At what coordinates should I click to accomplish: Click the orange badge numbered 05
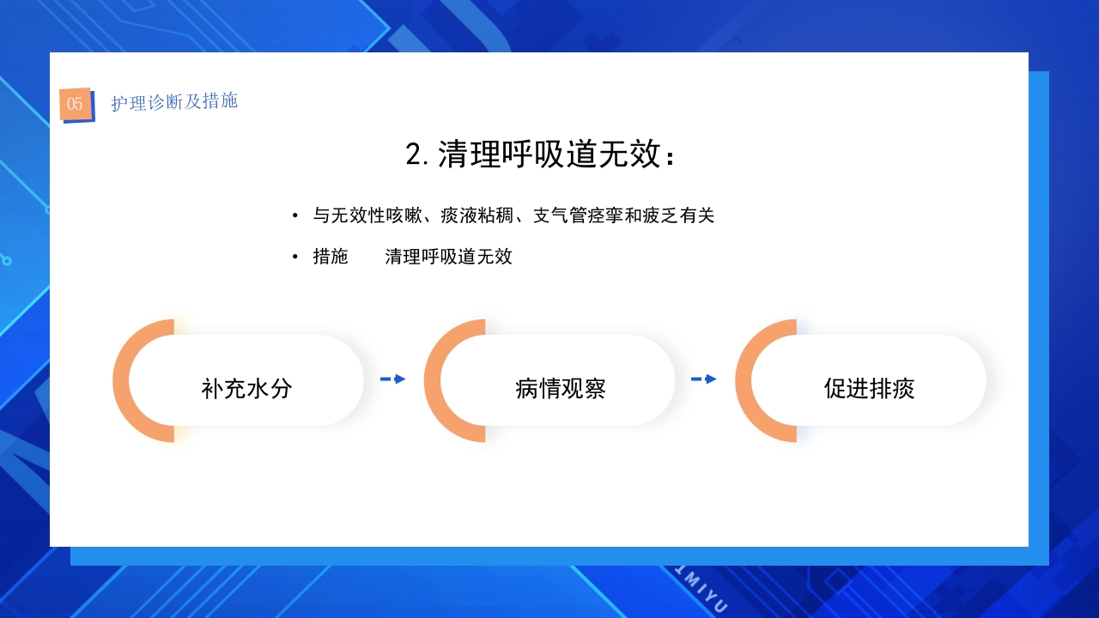(x=76, y=104)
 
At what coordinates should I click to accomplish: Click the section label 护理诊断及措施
(x=174, y=101)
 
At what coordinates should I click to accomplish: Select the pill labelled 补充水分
(x=247, y=388)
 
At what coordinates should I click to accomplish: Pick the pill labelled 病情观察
(x=560, y=388)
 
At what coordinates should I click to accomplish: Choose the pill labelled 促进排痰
(x=869, y=388)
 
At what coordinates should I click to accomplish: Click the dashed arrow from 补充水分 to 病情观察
(x=392, y=379)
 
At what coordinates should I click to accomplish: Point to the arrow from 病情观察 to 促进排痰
(x=703, y=379)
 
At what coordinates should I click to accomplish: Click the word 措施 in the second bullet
(x=331, y=257)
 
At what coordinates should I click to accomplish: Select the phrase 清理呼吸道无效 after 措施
(x=448, y=257)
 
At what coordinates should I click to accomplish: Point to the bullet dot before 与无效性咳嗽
(x=295, y=216)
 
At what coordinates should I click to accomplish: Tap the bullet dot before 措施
(x=295, y=257)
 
